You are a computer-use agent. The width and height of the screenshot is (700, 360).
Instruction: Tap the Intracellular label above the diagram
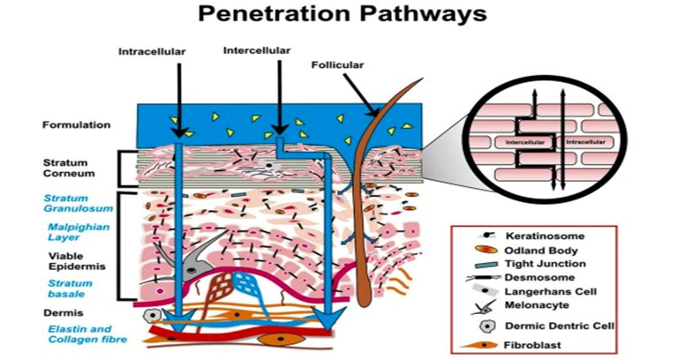point(152,52)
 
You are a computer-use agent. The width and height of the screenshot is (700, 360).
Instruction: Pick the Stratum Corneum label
point(67,168)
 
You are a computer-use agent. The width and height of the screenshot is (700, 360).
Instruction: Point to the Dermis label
point(61,312)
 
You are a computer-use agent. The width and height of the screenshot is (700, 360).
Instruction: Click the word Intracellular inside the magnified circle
point(588,140)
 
